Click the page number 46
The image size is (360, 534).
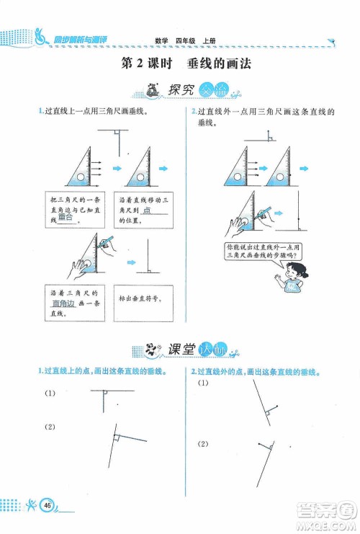[47, 504]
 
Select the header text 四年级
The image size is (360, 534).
[186, 41]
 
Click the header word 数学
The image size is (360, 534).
[161, 41]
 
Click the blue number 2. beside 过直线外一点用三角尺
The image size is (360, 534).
[194, 110]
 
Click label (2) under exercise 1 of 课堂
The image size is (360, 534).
[50, 427]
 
